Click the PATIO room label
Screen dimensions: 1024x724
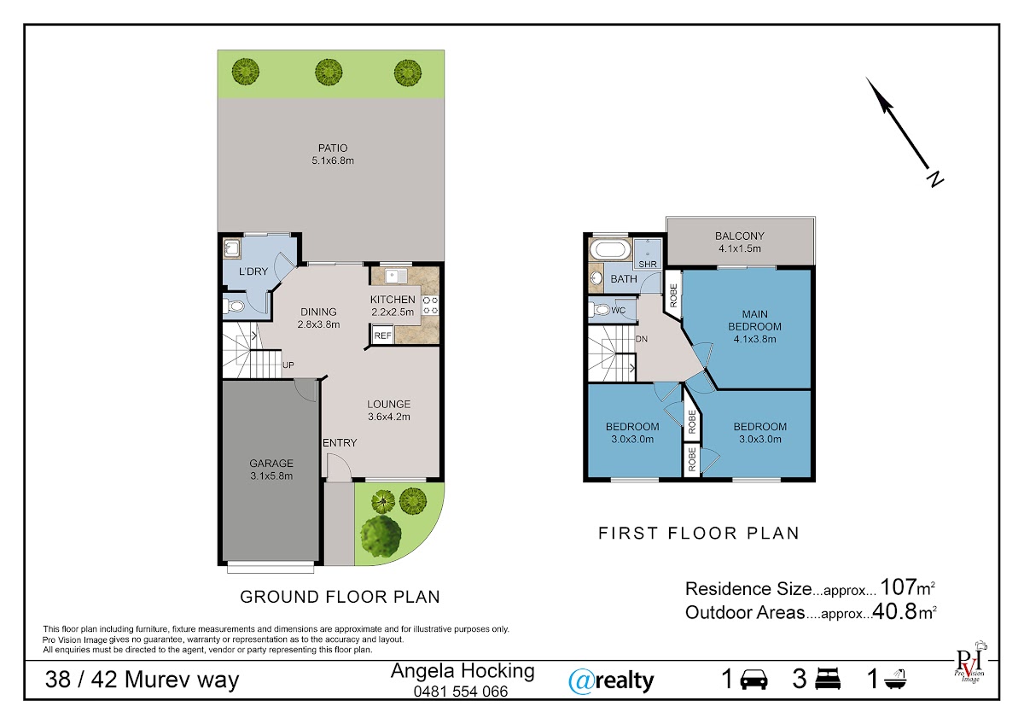[x=333, y=149]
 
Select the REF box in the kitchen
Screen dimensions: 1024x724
[x=382, y=336]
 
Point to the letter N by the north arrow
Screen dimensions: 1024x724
[x=935, y=178]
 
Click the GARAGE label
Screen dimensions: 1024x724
[x=271, y=464]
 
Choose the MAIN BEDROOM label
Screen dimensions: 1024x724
[x=754, y=320]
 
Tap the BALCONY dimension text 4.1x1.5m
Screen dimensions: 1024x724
[x=740, y=248]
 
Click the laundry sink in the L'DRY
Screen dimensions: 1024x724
[x=232, y=248]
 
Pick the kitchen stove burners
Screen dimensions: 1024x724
[x=430, y=306]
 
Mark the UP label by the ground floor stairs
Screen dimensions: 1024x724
[x=288, y=365]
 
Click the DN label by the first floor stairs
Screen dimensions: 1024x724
[x=642, y=339]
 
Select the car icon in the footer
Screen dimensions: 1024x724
[x=753, y=680]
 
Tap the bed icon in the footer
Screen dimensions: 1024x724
[x=828, y=679]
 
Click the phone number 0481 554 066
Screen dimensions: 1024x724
[x=460, y=691]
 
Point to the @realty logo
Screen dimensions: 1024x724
[x=611, y=681]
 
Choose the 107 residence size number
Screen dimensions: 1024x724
[x=899, y=587]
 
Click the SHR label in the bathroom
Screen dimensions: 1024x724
[x=648, y=264]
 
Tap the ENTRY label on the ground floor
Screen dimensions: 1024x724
[x=340, y=443]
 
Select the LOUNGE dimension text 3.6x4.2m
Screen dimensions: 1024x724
[x=389, y=417]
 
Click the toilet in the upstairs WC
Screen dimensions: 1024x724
[x=599, y=310]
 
